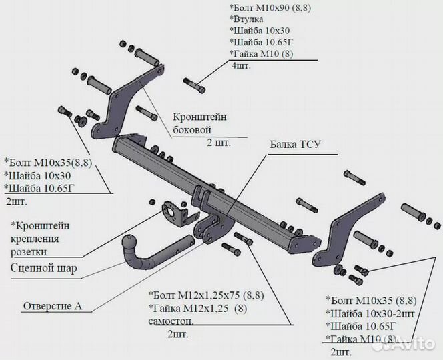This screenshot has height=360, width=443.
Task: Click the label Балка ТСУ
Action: pyautogui.click(x=296, y=145)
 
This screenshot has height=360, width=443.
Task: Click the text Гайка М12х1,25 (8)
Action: pyautogui.click(x=198, y=309)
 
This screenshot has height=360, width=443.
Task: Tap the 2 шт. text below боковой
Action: pyautogui.click(x=217, y=143)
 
